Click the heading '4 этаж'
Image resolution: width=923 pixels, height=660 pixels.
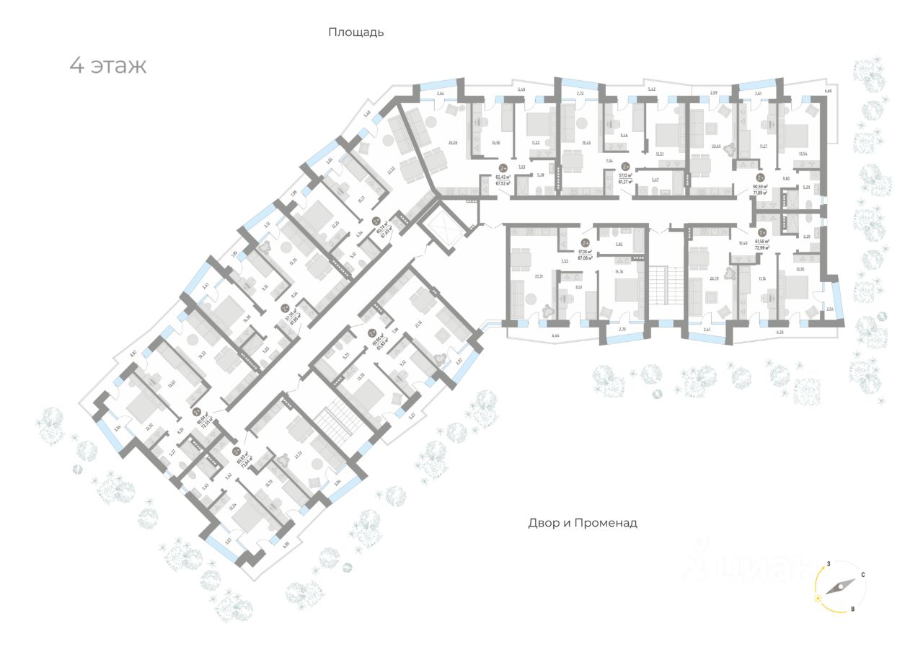[x=108, y=66]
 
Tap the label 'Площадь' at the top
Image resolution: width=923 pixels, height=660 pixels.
[x=355, y=32]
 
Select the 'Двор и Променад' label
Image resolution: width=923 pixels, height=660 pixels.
[x=583, y=523]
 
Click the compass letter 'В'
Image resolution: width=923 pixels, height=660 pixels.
[x=852, y=610]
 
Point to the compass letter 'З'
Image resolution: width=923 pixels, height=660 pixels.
[x=830, y=563]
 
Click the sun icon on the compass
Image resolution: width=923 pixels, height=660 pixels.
[x=818, y=599]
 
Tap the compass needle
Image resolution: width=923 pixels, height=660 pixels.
[x=836, y=586]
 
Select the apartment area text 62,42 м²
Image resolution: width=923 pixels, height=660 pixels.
[x=503, y=175]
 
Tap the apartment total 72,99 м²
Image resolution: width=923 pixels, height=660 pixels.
[x=762, y=247]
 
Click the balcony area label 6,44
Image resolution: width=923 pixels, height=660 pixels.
[x=536, y=337]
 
